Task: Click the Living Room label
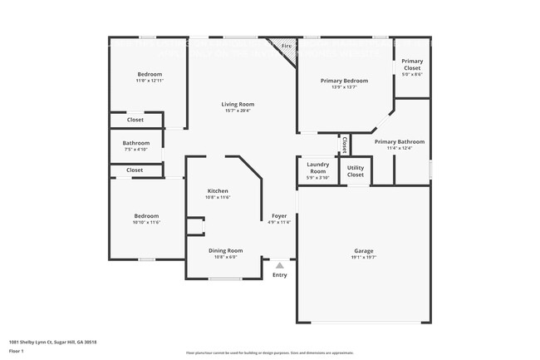pyautogui.click(x=238, y=104)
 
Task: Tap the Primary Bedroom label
pyautogui.click(x=345, y=81)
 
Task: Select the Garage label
pyautogui.click(x=364, y=250)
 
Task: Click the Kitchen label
pyautogui.click(x=218, y=191)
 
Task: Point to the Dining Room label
pyautogui.click(x=225, y=250)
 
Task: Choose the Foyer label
pyautogui.click(x=279, y=216)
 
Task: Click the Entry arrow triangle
pyautogui.click(x=279, y=265)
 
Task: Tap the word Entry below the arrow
pyautogui.click(x=279, y=275)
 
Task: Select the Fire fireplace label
pyautogui.click(x=286, y=46)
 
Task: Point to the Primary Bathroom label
pyautogui.click(x=399, y=142)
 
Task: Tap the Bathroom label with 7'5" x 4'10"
pyautogui.click(x=136, y=142)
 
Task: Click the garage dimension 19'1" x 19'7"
pyautogui.click(x=364, y=258)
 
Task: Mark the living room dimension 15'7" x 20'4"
pyautogui.click(x=238, y=111)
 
